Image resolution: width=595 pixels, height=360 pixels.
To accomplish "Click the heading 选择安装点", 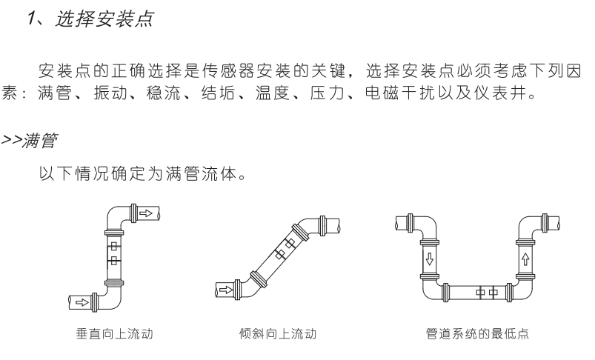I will point(104,19).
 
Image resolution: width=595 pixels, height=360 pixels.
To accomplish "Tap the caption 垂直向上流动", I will point(113,335).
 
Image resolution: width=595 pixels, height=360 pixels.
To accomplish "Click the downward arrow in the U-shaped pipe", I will point(428,259).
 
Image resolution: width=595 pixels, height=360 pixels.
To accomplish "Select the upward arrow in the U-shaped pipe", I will point(525,259).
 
